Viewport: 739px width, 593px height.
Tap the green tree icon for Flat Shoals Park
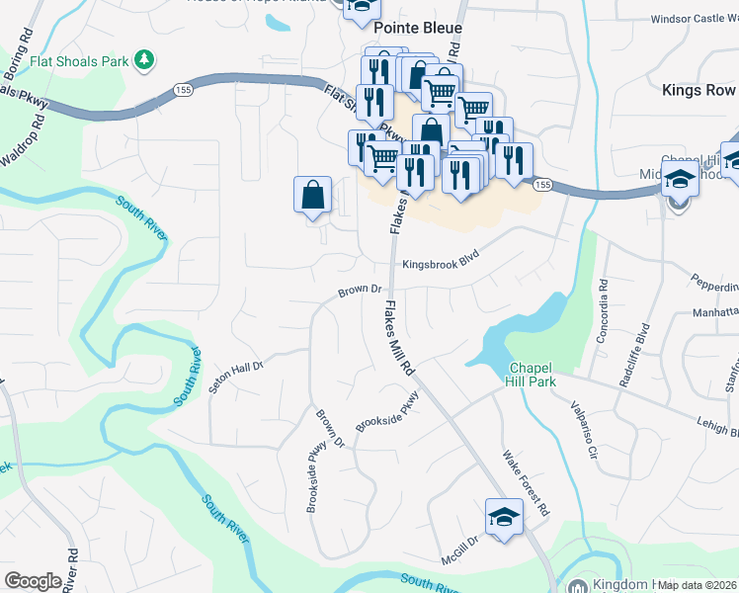pos(145,60)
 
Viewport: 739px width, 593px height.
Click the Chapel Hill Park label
pos(533,375)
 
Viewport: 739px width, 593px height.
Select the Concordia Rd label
pos(603,311)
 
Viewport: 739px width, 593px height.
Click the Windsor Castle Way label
pos(695,19)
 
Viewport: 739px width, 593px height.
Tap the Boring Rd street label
pos(20,46)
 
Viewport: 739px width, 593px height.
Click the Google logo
pos(33,581)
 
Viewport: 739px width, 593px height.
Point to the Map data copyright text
pos(698,585)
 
